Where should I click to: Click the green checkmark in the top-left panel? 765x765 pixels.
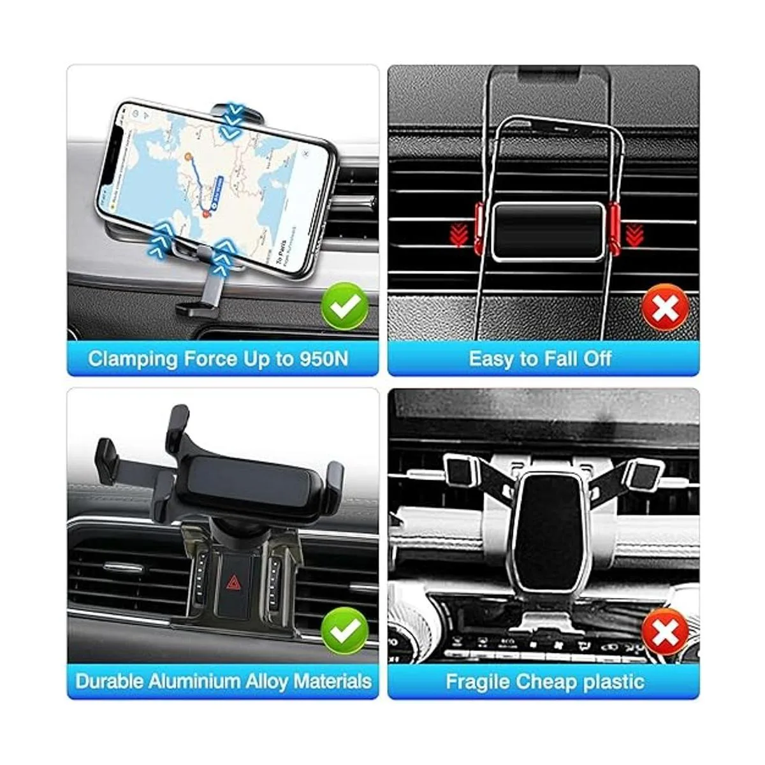pyautogui.click(x=345, y=307)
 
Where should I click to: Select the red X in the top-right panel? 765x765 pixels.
pyautogui.click(x=665, y=309)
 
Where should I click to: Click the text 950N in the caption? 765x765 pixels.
pyautogui.click(x=324, y=358)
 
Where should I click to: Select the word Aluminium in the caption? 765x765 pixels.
pyautogui.click(x=200, y=681)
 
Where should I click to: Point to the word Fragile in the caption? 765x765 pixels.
pyautogui.click(x=477, y=681)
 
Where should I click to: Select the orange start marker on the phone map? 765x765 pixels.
pyautogui.click(x=188, y=156)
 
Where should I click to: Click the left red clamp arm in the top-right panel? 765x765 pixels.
pyautogui.click(x=483, y=228)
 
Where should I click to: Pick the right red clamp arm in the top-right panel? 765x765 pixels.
pyautogui.click(x=614, y=228)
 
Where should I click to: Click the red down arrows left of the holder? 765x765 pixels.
pyautogui.click(x=458, y=235)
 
